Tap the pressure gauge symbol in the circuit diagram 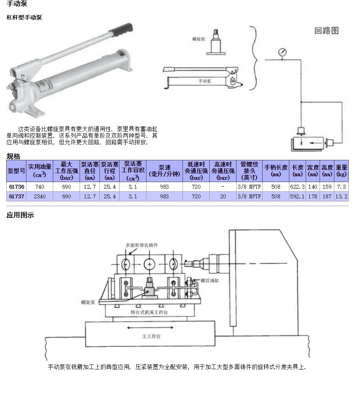[x=282, y=52]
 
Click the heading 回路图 [x=327, y=31]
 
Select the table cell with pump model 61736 [x=17, y=187]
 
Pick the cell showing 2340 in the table [x=40, y=196]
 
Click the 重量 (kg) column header [x=341, y=171]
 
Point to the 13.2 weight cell [x=341, y=196]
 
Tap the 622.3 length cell [x=297, y=187]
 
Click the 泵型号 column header [x=17, y=171]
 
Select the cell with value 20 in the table [x=223, y=196]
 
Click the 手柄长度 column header [x=276, y=171]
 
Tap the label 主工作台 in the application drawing [x=151, y=337]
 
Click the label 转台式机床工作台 [x=149, y=312]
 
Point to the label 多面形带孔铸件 [x=142, y=245]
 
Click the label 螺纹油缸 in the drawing [x=210, y=280]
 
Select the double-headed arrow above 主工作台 [x=150, y=328]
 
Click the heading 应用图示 [x=20, y=215]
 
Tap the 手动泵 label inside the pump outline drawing [x=205, y=81]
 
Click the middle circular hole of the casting [x=150, y=264]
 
